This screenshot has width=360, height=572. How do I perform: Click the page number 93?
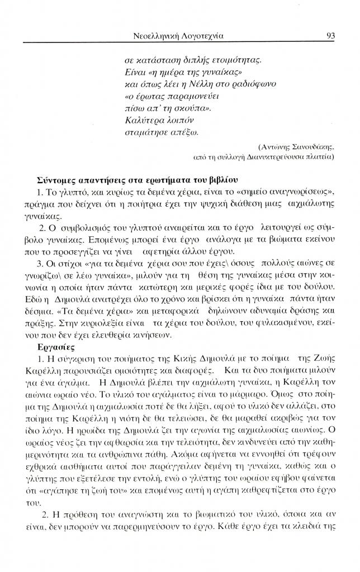(329, 35)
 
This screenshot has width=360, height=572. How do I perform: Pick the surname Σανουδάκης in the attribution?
(311, 147)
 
